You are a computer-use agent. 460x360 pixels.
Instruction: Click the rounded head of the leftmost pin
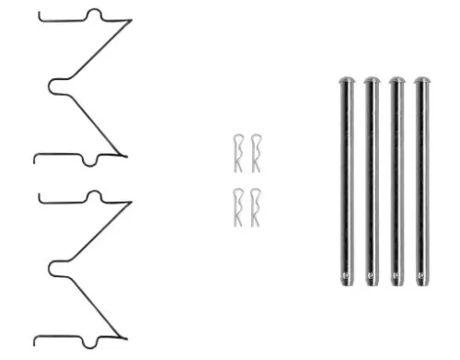(346, 82)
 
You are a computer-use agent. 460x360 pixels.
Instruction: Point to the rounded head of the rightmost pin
(423, 82)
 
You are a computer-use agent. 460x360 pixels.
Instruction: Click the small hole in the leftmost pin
(346, 273)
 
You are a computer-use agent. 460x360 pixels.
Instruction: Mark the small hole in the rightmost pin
(423, 273)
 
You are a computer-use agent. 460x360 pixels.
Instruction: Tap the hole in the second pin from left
(372, 273)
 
